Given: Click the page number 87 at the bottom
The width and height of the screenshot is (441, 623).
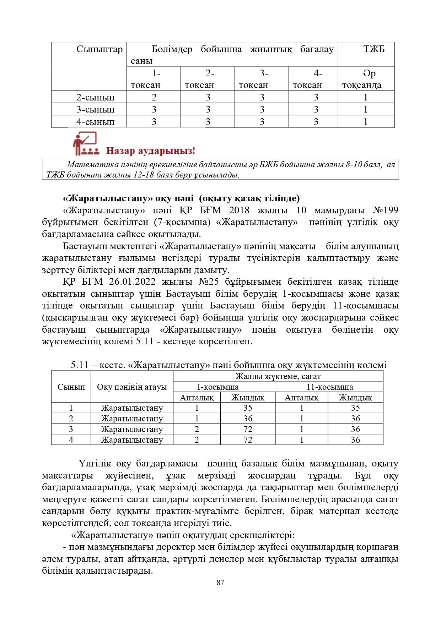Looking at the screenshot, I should coord(220,583).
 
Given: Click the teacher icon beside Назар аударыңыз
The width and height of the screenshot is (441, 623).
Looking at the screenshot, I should coord(85,144).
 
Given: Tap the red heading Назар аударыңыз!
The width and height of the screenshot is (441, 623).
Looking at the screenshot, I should coord(151,151).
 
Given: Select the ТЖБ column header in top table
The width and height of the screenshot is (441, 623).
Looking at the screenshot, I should coord(373,49).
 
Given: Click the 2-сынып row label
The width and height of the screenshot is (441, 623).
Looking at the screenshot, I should coord(96,97).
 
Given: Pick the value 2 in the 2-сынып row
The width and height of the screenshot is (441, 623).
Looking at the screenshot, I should coord(154,97).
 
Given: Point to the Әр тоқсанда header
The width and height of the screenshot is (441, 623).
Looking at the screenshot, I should coord(366,79).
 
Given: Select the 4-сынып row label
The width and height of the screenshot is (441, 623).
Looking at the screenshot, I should coord(96,122).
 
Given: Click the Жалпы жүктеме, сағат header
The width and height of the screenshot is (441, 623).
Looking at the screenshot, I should coord(278,376).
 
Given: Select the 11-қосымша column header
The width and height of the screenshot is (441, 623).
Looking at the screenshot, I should coord(329,387).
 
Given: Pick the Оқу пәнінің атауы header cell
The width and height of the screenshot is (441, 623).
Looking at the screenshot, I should coord(132,387).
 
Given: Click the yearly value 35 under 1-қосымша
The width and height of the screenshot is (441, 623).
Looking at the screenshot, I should coord(248,408).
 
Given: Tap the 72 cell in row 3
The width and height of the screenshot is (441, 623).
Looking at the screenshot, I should coord(248,429).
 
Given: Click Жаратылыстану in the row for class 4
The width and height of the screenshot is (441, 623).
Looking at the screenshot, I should coord(132,440).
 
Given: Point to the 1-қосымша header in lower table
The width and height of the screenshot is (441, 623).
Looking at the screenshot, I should coord(218,387).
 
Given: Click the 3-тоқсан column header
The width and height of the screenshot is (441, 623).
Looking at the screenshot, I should coord(261,79).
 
